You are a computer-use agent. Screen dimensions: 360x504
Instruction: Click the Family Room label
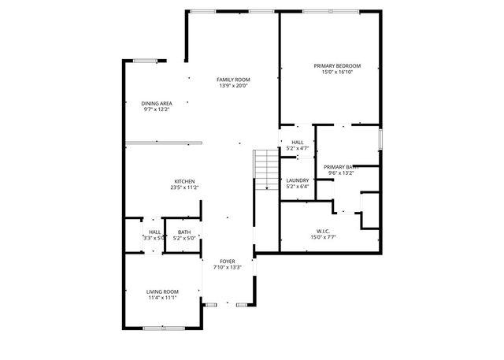(234, 80)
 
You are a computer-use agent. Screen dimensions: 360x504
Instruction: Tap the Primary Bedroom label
(336, 65)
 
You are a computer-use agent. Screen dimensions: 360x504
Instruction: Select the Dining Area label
(156, 103)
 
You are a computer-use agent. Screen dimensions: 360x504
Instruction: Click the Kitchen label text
(184, 181)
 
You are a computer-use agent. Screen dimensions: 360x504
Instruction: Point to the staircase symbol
(266, 169)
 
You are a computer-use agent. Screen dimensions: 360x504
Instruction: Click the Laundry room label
(297, 180)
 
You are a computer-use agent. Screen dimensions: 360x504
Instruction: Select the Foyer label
(227, 261)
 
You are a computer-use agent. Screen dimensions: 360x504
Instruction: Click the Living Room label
(162, 291)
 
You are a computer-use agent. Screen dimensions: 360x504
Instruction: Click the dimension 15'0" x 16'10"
(336, 72)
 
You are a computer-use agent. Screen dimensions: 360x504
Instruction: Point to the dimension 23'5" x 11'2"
(184, 187)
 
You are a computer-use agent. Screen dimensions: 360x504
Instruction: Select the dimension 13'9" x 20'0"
(234, 86)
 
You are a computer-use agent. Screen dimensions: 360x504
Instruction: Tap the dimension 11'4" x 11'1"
(162, 298)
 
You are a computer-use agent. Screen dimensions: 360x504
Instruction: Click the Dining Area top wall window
(144, 60)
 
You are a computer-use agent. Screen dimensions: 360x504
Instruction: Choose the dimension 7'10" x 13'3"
(227, 267)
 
